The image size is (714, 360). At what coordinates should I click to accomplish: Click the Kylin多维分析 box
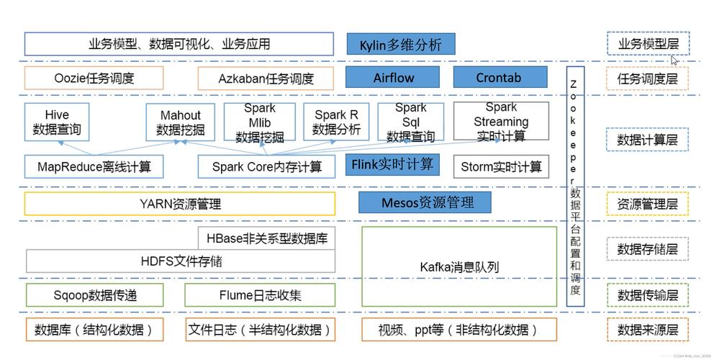(x=400, y=45)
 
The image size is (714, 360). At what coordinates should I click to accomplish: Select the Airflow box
(x=394, y=78)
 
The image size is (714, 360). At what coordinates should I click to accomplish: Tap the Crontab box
(x=498, y=78)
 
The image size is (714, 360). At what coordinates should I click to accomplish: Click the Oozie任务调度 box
(x=94, y=78)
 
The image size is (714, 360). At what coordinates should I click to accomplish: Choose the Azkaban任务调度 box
(x=266, y=78)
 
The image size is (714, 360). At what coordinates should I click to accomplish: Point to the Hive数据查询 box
(x=57, y=122)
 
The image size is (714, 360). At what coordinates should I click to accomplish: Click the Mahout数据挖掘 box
(x=180, y=122)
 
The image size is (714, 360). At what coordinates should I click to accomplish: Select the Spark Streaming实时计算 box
(x=500, y=122)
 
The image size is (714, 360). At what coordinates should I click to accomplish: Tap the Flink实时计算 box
(x=392, y=165)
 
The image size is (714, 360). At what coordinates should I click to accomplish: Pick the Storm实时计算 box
(x=501, y=167)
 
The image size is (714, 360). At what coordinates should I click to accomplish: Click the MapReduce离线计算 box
(x=94, y=167)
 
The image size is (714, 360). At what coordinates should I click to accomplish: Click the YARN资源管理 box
(x=179, y=204)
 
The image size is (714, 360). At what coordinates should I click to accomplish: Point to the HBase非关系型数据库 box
(x=266, y=237)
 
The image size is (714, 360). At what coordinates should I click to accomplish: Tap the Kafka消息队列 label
(x=459, y=267)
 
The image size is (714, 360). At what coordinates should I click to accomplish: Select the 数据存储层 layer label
(x=647, y=249)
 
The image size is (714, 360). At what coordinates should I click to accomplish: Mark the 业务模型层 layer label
(x=647, y=45)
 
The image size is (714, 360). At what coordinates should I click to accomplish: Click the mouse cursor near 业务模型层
(x=674, y=60)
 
